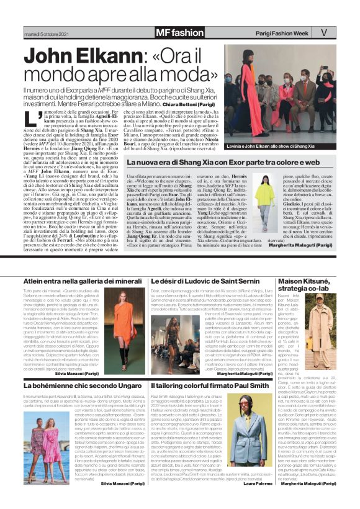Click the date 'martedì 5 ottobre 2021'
44,33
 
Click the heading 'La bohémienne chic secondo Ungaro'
79,385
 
